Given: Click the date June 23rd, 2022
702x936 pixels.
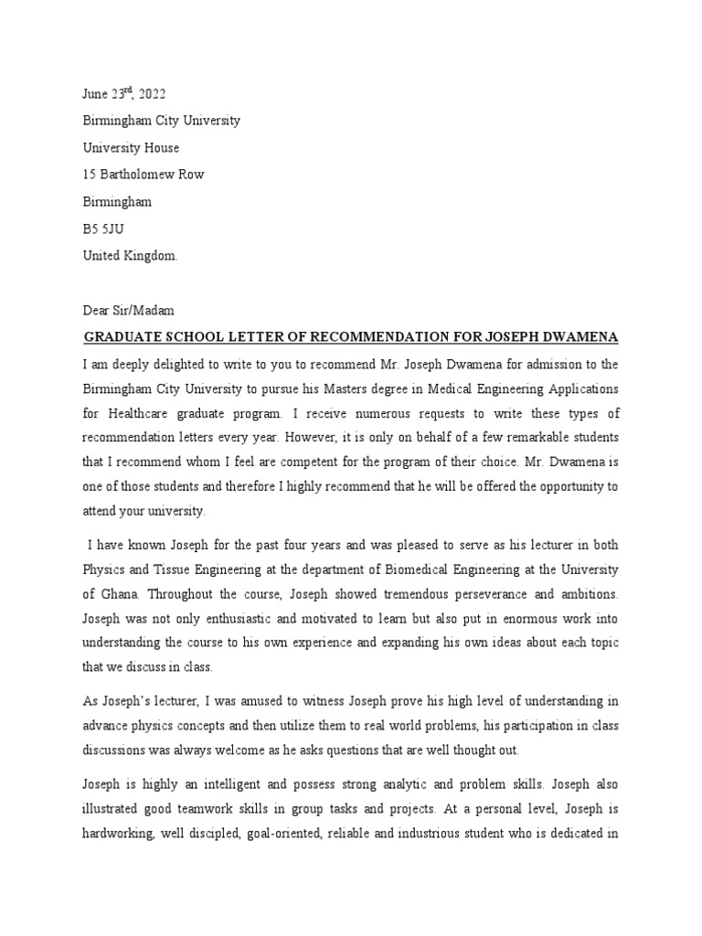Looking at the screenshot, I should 124,94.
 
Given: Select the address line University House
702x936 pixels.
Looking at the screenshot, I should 131,148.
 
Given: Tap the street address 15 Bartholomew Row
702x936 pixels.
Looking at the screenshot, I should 144,175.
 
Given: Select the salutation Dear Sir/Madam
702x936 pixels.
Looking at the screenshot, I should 129,311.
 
